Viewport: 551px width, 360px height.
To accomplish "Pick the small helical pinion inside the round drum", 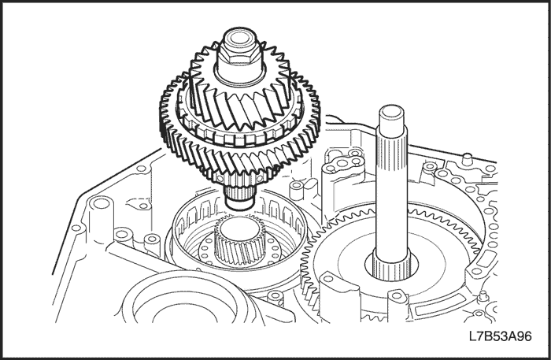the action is pyautogui.click(x=238, y=243).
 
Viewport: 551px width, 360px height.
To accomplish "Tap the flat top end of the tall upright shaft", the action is pyautogui.click(x=391, y=112).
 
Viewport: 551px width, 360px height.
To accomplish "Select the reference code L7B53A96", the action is pyautogui.click(x=501, y=336).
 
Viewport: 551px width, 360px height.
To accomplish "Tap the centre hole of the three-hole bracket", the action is pyautogui.click(x=341, y=163).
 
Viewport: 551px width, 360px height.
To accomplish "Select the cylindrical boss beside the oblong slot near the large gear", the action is pyautogui.click(x=296, y=190).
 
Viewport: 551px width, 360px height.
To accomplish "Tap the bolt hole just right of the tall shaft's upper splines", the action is pyautogui.click(x=429, y=166).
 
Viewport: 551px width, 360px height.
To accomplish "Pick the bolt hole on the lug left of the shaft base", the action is pyautogui.click(x=329, y=279).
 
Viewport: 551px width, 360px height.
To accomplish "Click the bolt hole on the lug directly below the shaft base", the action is pyautogui.click(x=397, y=295).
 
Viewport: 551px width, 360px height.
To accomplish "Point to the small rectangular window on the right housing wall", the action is pyautogui.click(x=486, y=260).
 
